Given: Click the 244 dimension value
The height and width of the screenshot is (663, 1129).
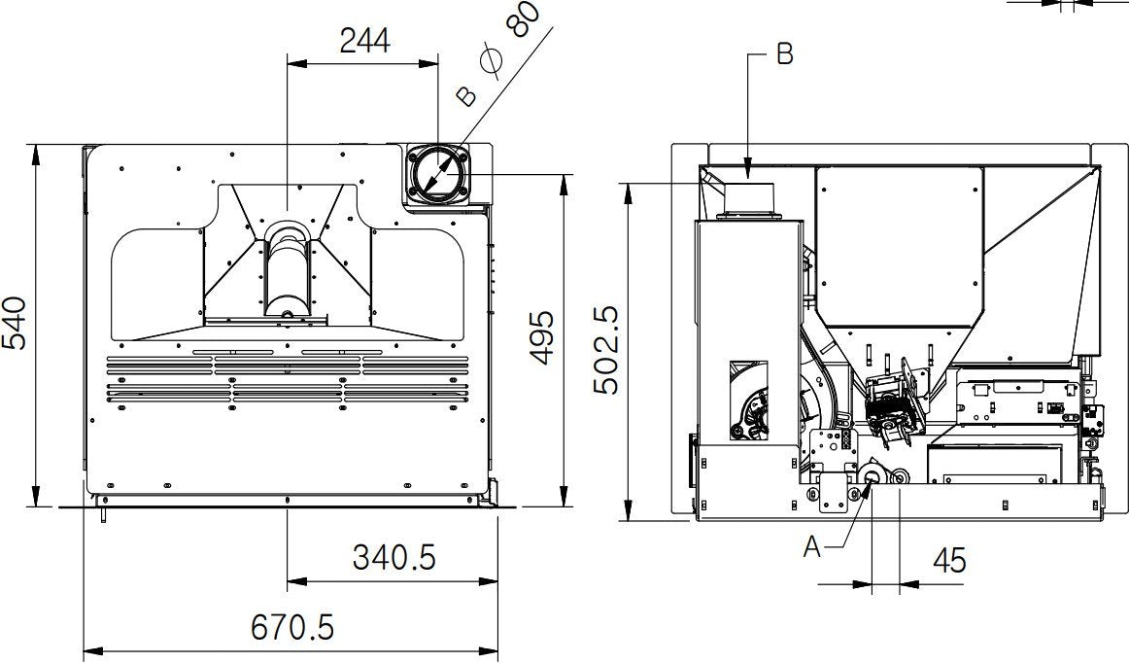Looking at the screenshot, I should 364,40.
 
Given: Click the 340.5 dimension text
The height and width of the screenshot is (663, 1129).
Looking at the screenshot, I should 393,558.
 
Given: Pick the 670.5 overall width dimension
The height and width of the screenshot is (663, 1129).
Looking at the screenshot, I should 292,628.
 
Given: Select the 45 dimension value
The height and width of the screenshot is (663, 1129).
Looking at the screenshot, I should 948,560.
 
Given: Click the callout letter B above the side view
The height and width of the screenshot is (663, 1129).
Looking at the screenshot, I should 785,54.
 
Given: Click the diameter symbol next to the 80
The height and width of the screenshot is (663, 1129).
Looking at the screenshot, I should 493,63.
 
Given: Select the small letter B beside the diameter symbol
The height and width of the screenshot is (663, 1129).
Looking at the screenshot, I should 467,95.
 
